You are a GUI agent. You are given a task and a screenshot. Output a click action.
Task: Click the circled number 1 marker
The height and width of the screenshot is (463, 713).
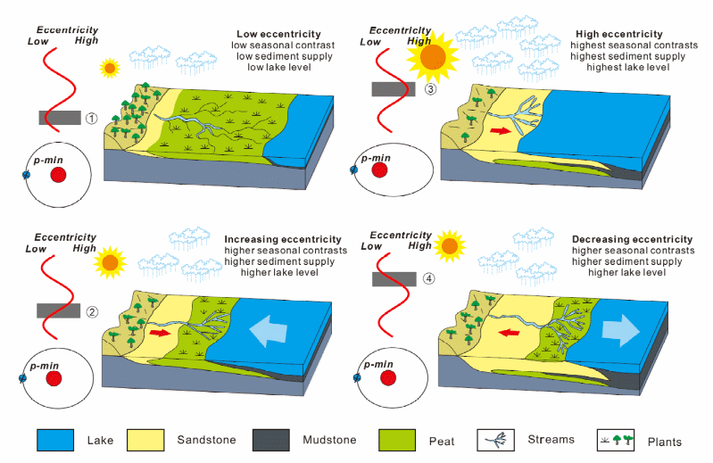tap(90, 119)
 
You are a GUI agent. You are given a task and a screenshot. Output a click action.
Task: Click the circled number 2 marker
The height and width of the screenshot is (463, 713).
tap(90, 310)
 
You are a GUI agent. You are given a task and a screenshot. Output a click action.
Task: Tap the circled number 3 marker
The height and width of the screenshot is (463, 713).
tap(430, 88)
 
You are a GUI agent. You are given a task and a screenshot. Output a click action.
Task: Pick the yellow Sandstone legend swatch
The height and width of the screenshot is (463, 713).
tap(150, 440)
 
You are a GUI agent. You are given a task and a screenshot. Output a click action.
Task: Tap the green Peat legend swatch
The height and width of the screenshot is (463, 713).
tap(400, 440)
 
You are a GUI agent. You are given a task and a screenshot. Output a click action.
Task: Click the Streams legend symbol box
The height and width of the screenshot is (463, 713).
tap(493, 440)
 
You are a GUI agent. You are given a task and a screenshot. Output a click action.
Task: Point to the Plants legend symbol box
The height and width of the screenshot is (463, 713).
tap(618, 440)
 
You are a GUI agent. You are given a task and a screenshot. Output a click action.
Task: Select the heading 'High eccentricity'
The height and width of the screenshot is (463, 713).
tap(618, 34)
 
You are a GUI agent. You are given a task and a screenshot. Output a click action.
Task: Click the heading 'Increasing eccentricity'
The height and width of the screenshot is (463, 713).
tap(283, 239)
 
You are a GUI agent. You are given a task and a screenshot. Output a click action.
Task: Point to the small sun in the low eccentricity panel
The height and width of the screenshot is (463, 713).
tap(110, 67)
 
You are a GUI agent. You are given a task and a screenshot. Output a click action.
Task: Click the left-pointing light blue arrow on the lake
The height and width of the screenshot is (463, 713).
tap(267, 330)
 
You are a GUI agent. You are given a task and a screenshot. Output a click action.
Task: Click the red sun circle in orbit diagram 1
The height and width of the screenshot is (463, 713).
tap(59, 174)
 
